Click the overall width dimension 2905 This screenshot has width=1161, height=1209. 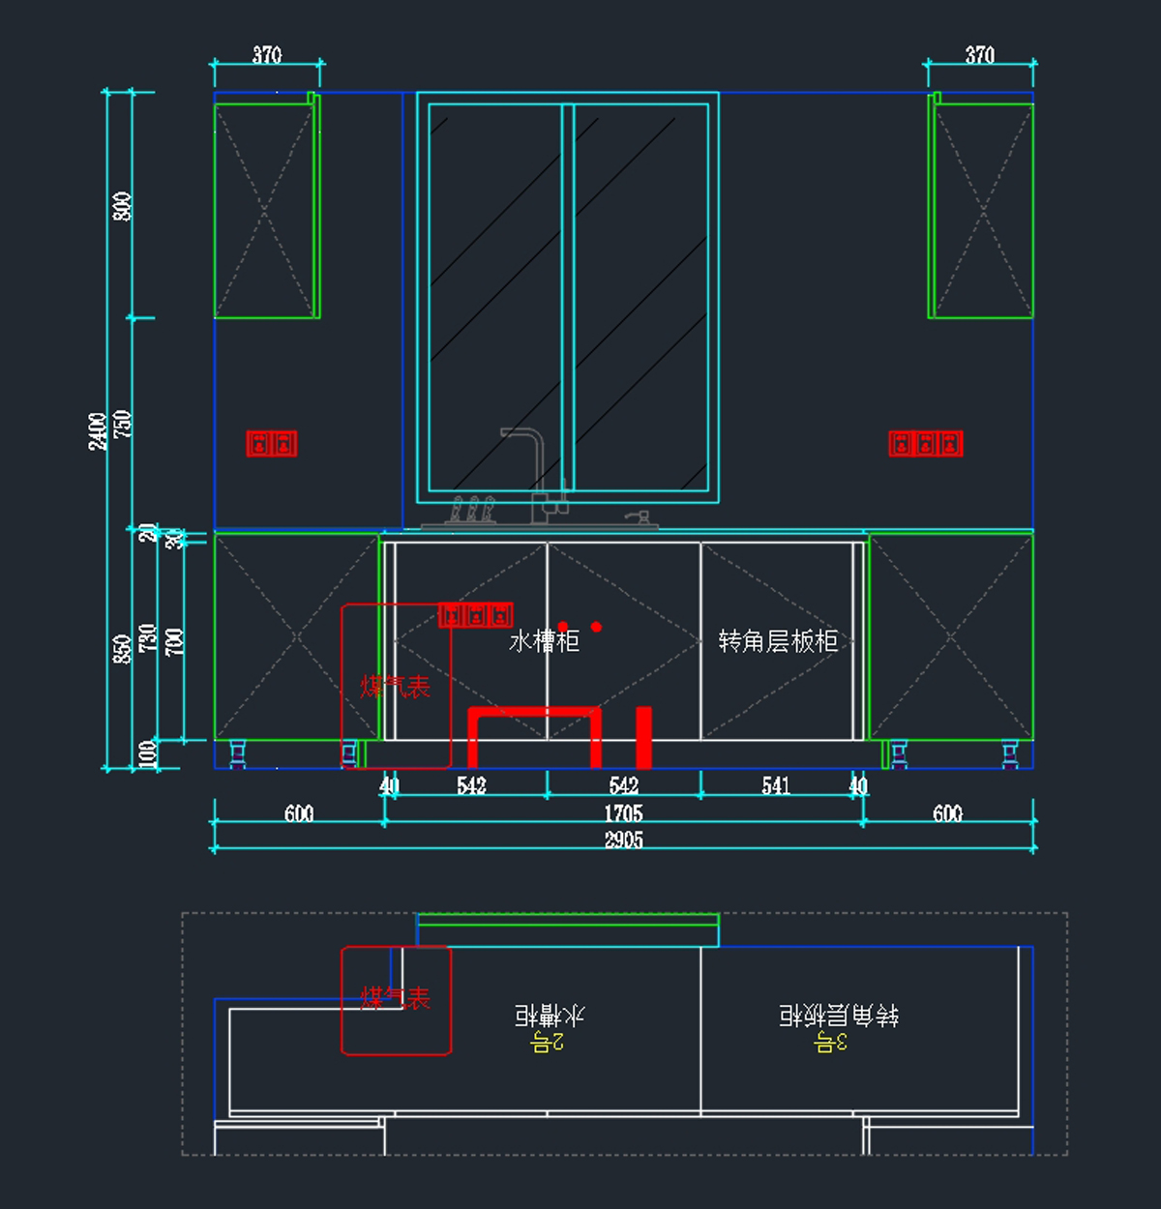[623, 840]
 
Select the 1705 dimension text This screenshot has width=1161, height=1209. [623, 813]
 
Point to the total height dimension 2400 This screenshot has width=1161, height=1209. [98, 430]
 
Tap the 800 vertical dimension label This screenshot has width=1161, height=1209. [122, 206]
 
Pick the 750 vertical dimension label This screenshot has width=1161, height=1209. [122, 424]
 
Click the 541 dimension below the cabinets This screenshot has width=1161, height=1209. [776, 786]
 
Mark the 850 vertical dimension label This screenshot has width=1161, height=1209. [122, 648]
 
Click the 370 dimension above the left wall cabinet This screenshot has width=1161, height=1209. [267, 55]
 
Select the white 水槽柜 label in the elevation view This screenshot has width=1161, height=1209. [544, 641]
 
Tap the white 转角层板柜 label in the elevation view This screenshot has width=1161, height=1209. [778, 641]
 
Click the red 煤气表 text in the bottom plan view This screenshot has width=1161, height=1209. [395, 997]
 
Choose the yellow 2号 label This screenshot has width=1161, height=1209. [548, 1042]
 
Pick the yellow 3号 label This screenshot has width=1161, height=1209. [830, 1042]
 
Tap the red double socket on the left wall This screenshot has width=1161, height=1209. [272, 444]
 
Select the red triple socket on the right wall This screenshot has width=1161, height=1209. [926, 444]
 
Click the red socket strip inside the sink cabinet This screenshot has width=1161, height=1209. [475, 615]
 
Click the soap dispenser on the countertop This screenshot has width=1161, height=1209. [636, 518]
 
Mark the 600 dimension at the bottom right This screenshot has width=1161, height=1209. [947, 813]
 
